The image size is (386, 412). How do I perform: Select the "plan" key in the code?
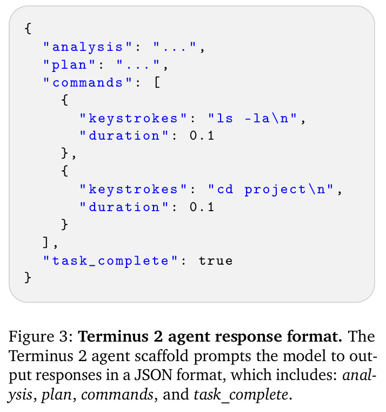click(x=69, y=64)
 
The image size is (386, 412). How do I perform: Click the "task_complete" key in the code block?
click(x=110, y=261)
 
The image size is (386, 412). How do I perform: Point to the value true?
click(x=216, y=261)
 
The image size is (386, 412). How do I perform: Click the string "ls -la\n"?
click(x=252, y=118)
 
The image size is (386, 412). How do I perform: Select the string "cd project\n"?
click(x=270, y=189)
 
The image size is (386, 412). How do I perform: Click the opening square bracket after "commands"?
click(x=157, y=82)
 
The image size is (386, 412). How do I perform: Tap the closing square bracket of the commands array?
click(x=45, y=243)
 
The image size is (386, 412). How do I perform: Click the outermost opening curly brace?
click(x=28, y=28)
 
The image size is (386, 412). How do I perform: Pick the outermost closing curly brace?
click(x=28, y=278)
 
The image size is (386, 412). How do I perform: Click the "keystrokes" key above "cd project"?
click(x=134, y=189)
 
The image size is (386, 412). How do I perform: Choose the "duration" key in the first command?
click(x=124, y=135)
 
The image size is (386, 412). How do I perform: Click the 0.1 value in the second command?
click(x=202, y=207)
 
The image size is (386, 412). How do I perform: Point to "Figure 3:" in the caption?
click(x=41, y=337)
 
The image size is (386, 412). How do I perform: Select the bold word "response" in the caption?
click(x=248, y=337)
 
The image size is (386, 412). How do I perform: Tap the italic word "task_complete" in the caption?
click(x=241, y=395)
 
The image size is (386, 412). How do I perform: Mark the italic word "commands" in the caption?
click(x=117, y=395)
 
